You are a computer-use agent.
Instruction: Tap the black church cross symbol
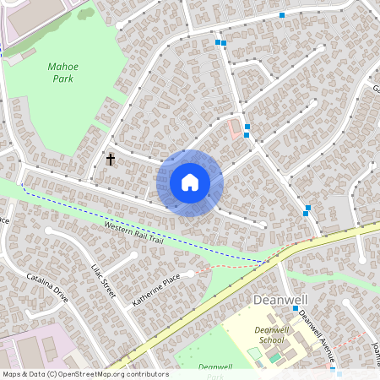tap(110, 159)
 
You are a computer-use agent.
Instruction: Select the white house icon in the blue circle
tap(190, 182)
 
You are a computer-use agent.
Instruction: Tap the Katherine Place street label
tap(156, 289)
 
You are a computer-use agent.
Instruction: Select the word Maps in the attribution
tap(13, 374)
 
